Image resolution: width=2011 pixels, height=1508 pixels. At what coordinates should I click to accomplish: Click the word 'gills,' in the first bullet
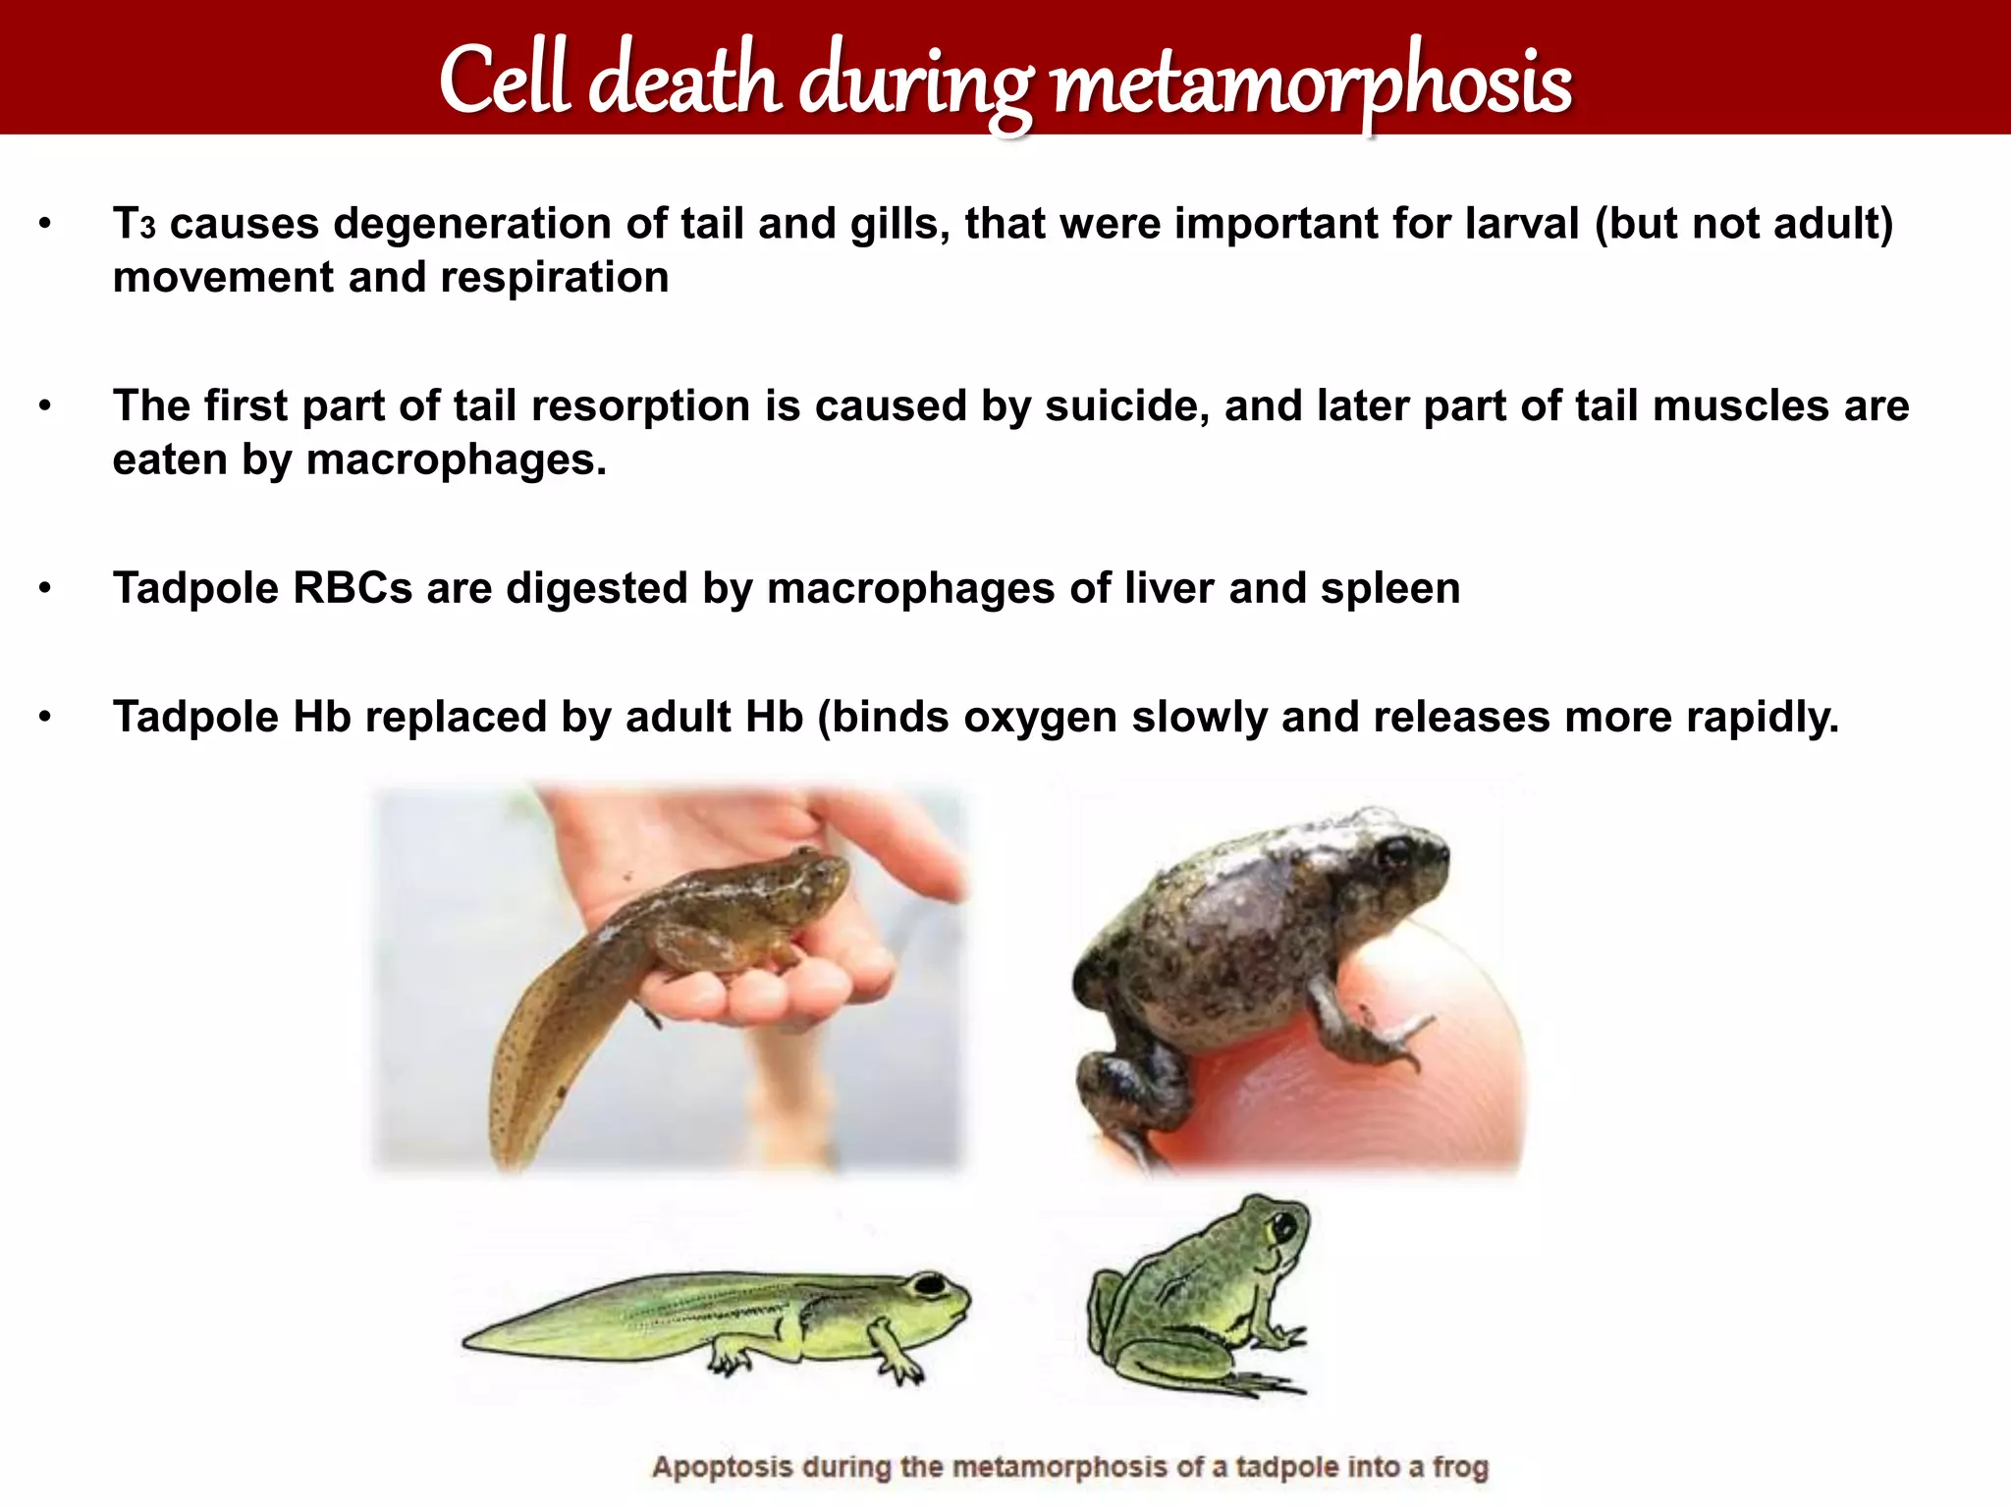tap(899, 224)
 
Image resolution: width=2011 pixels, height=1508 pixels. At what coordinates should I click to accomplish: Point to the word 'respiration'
tap(554, 278)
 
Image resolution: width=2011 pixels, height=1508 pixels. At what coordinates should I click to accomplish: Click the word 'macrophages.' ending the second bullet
tap(457, 459)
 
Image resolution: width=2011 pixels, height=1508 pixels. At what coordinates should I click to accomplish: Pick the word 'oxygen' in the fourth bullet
tap(1040, 718)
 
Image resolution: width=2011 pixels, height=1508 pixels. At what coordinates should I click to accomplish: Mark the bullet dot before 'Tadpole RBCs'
tap(44, 589)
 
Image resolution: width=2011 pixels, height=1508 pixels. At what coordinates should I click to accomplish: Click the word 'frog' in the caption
tap(1460, 1468)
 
